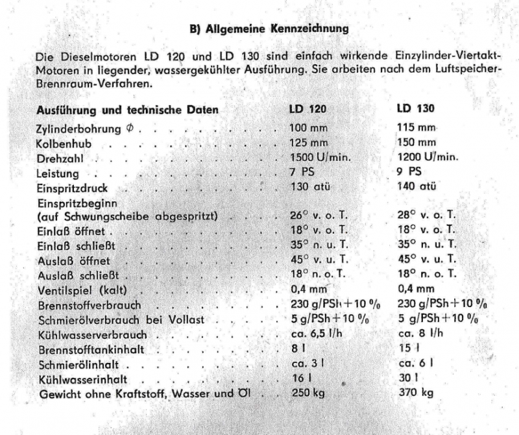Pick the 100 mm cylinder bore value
point(309,128)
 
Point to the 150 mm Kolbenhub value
point(416,142)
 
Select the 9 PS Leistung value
point(409,172)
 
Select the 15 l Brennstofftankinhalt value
point(406,349)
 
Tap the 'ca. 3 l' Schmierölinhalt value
point(304,364)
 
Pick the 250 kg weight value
point(306,393)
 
